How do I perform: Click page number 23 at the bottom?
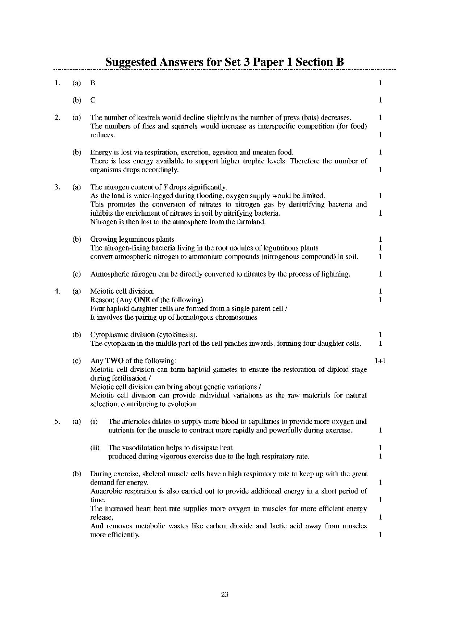pos(224,594)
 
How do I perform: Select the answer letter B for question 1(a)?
pos(93,83)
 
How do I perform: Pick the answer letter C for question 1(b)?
pos(93,100)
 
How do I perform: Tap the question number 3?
pos(57,187)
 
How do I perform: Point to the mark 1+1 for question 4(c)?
pos(381,361)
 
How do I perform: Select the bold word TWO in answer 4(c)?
pos(114,361)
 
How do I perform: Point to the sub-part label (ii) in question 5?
pos(95,448)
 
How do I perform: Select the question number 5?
pos(57,422)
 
